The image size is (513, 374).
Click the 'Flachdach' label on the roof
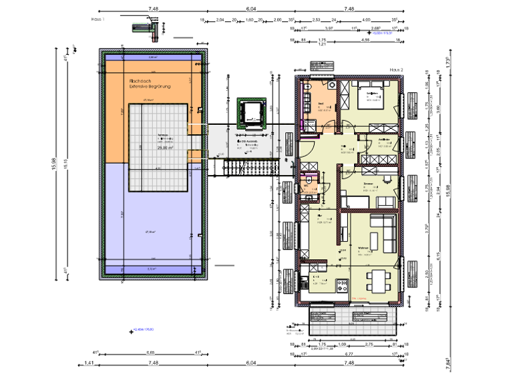pyautogui.click(x=142, y=80)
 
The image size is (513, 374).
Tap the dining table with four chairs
pyautogui.click(x=375, y=282)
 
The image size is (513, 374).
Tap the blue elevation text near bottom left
pyautogui.click(x=144, y=329)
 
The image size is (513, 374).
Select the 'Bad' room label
pyautogui.click(x=321, y=104)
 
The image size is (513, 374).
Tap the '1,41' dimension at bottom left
pyautogui.click(x=88, y=363)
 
